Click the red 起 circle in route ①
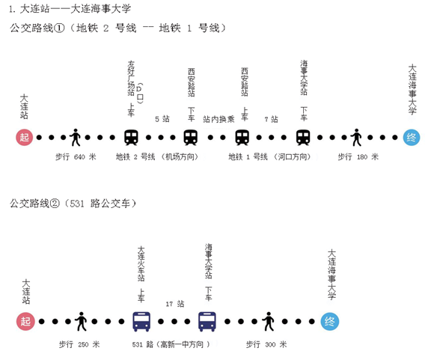point(24,137)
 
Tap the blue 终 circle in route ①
point(412,137)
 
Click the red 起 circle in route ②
point(25,321)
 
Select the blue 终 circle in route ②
point(330,321)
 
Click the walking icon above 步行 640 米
point(75,137)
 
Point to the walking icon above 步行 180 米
point(356,137)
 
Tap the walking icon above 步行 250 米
point(81,321)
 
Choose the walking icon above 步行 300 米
point(269,321)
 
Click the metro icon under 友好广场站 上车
point(131,137)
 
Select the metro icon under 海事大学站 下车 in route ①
point(303,137)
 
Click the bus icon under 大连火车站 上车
point(141,322)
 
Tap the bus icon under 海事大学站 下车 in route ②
point(207,322)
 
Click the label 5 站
point(162,119)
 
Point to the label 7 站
point(271,119)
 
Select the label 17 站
point(175,304)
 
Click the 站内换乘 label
point(218,119)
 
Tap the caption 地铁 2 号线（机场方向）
point(157,156)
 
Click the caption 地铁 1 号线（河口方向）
point(269,156)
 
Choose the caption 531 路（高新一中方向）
point(171,344)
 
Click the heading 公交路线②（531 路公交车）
point(73,204)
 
